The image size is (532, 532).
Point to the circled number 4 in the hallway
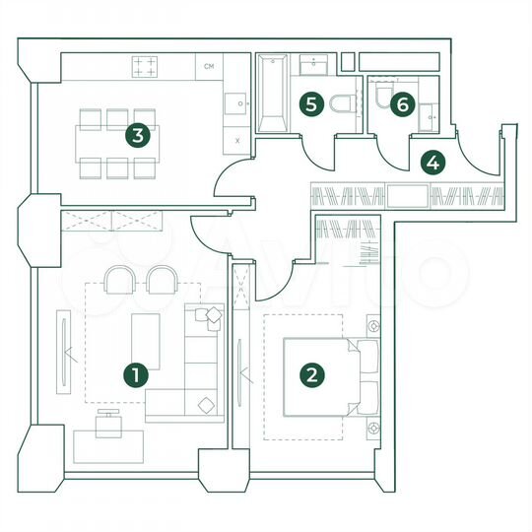(x=432, y=161)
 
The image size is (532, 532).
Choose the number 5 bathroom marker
(x=311, y=101)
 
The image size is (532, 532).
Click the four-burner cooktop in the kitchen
(x=146, y=66)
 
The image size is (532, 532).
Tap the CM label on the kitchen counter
(x=209, y=67)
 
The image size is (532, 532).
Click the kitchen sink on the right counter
(x=237, y=101)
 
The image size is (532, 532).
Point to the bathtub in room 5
(x=272, y=95)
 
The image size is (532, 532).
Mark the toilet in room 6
(x=382, y=94)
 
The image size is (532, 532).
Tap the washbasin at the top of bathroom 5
(x=317, y=65)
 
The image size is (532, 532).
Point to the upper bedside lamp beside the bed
(x=374, y=325)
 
